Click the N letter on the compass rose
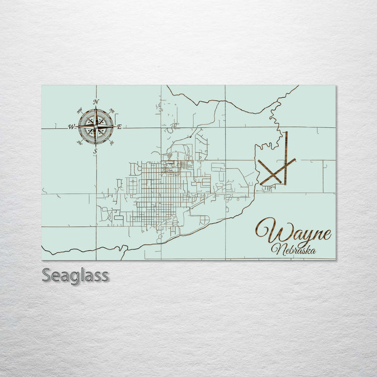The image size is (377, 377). tap(96, 102)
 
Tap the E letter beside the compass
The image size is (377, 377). tap(119, 127)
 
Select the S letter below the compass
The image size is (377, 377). tap(95, 151)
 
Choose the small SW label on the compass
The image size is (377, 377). tap(80, 142)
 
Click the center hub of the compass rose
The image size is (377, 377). tap(96, 127)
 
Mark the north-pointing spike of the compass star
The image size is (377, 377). tap(96, 113)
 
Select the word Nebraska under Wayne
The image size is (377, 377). tap(294, 249)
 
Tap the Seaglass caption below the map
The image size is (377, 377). tap(75, 275)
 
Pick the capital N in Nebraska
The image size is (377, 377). tap(278, 250)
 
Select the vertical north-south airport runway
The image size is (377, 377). tap(286, 157)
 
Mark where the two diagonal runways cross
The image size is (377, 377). tap(273, 171)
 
